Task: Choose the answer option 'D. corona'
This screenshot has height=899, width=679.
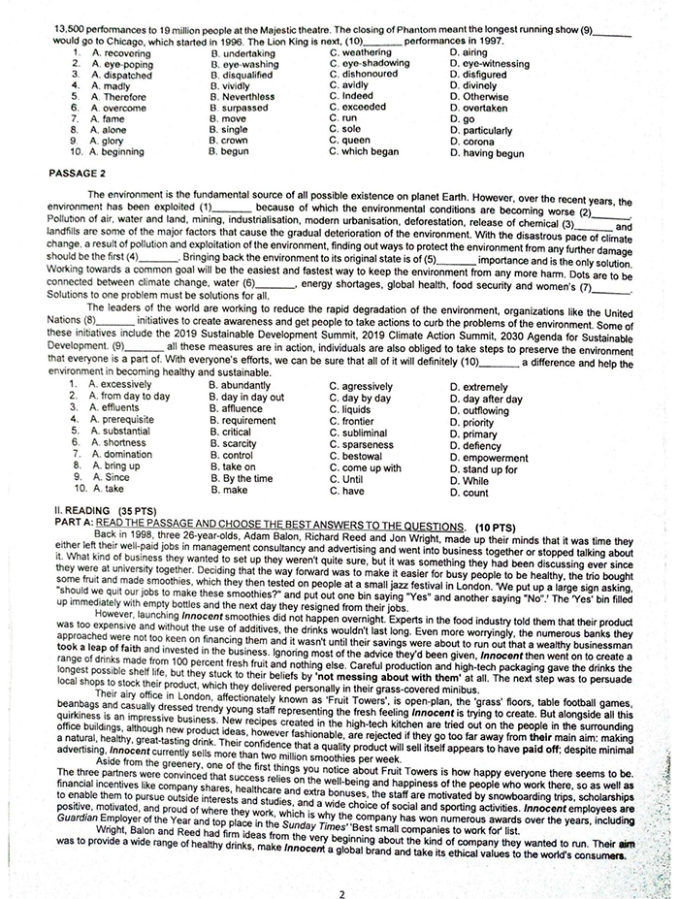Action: tap(472, 142)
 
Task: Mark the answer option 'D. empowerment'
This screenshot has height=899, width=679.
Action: tap(489, 457)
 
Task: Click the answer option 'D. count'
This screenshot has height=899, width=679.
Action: tap(469, 492)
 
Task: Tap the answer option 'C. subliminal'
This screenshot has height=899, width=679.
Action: tap(364, 433)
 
